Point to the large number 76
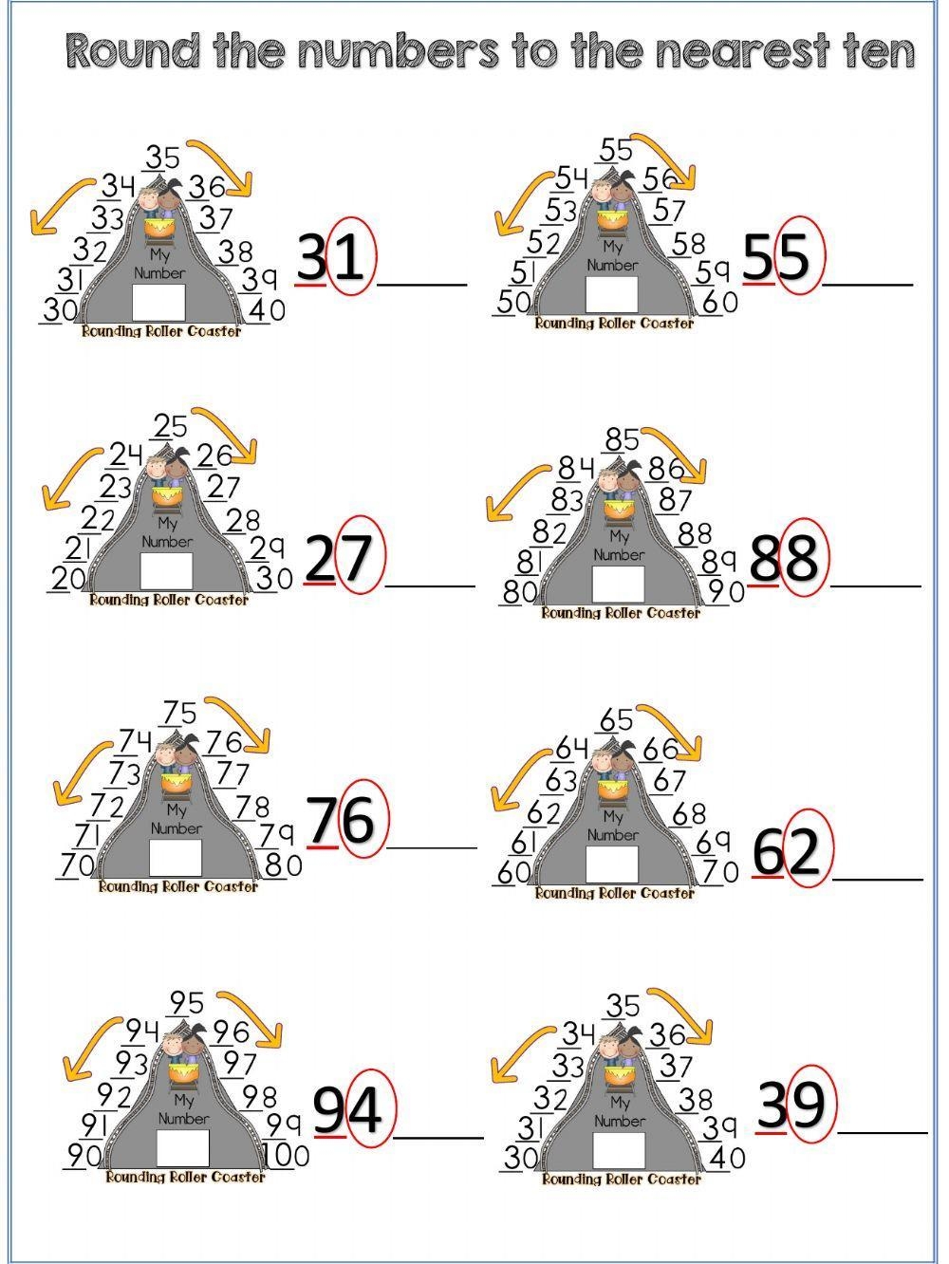(344, 819)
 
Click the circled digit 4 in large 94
(366, 1109)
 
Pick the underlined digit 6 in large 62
(768, 852)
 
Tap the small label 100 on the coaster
(287, 1156)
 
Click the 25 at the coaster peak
(171, 427)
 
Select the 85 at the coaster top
(622, 440)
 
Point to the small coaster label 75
(180, 713)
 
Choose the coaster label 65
(616, 720)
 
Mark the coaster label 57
(668, 211)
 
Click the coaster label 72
(106, 806)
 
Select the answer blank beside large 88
(876, 586)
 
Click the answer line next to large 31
(422, 285)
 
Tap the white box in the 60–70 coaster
(612, 864)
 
